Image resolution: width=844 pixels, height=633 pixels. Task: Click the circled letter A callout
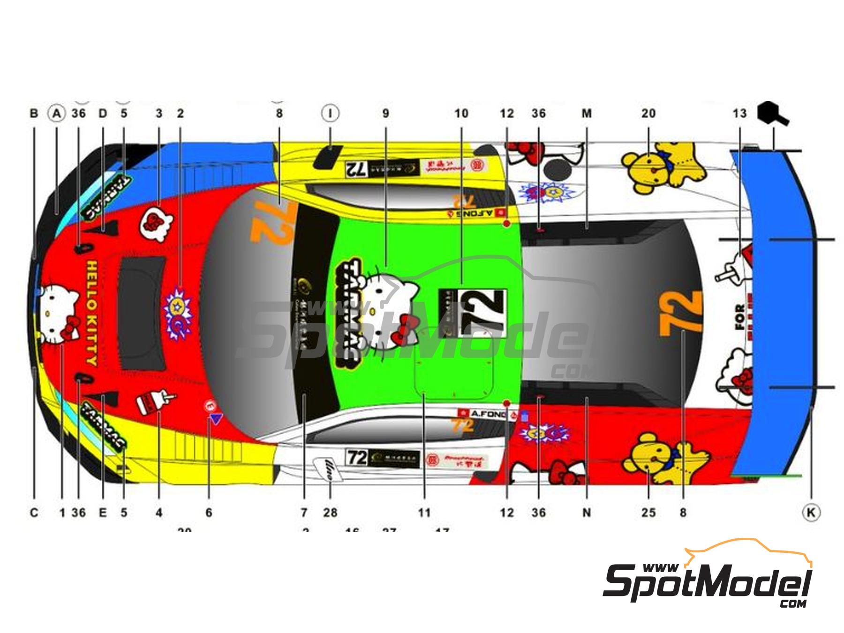(x=57, y=113)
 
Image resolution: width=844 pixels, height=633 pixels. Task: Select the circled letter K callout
(x=810, y=512)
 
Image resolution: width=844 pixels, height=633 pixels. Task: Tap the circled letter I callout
(x=331, y=113)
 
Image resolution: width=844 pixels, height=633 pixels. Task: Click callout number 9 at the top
(x=385, y=113)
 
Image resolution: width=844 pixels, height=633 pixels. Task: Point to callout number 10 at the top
(x=461, y=113)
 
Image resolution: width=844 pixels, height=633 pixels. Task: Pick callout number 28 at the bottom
(x=330, y=512)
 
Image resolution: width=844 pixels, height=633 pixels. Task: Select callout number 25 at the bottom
(x=648, y=512)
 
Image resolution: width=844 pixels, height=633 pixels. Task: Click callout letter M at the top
(x=587, y=113)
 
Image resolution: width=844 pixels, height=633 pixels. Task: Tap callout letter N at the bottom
(x=587, y=512)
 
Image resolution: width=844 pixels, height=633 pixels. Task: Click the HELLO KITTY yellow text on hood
(x=92, y=313)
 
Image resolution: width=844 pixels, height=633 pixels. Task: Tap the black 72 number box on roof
(x=473, y=312)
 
